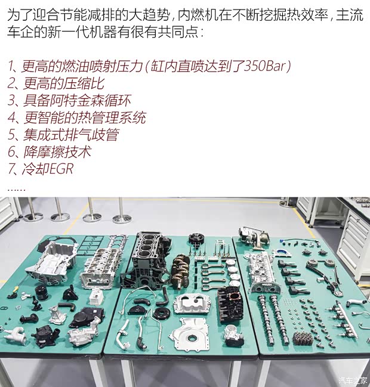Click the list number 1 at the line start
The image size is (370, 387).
(x=12, y=66)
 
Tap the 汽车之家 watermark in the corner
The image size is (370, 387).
(x=353, y=380)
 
